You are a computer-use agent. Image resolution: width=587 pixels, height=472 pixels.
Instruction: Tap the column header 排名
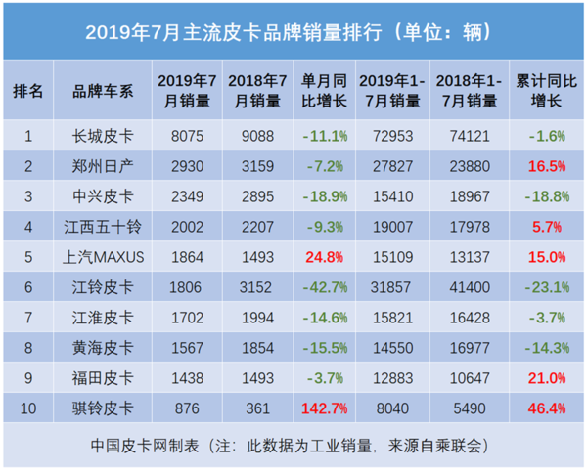coord(28,90)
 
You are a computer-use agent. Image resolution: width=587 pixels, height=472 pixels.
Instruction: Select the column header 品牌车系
coord(104,90)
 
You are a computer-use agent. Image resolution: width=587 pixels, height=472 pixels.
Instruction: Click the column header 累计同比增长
coord(544,90)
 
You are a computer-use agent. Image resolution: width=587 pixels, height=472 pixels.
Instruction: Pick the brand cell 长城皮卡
coord(104,136)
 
